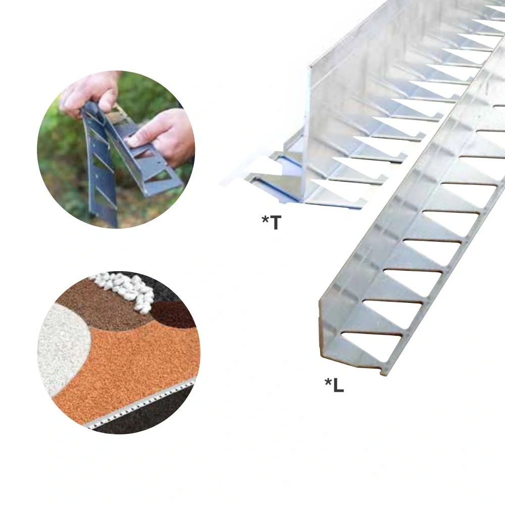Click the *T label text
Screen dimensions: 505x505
[272, 222]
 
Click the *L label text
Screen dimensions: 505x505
[334, 385]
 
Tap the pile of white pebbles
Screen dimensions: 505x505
[128, 288]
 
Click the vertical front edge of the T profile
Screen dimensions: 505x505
[306, 135]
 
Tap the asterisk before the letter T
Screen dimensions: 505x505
[265, 220]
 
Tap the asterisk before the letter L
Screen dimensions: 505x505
[328, 382]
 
